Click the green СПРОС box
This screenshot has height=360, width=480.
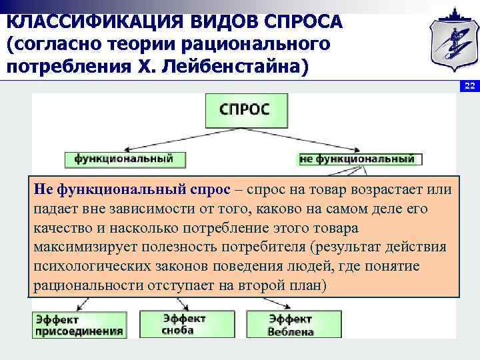click(247, 110)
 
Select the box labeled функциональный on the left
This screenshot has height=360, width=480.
click(125, 159)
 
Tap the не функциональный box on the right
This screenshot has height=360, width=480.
click(357, 159)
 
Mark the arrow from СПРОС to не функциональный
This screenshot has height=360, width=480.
click(327, 139)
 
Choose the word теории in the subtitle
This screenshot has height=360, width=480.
click(134, 45)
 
